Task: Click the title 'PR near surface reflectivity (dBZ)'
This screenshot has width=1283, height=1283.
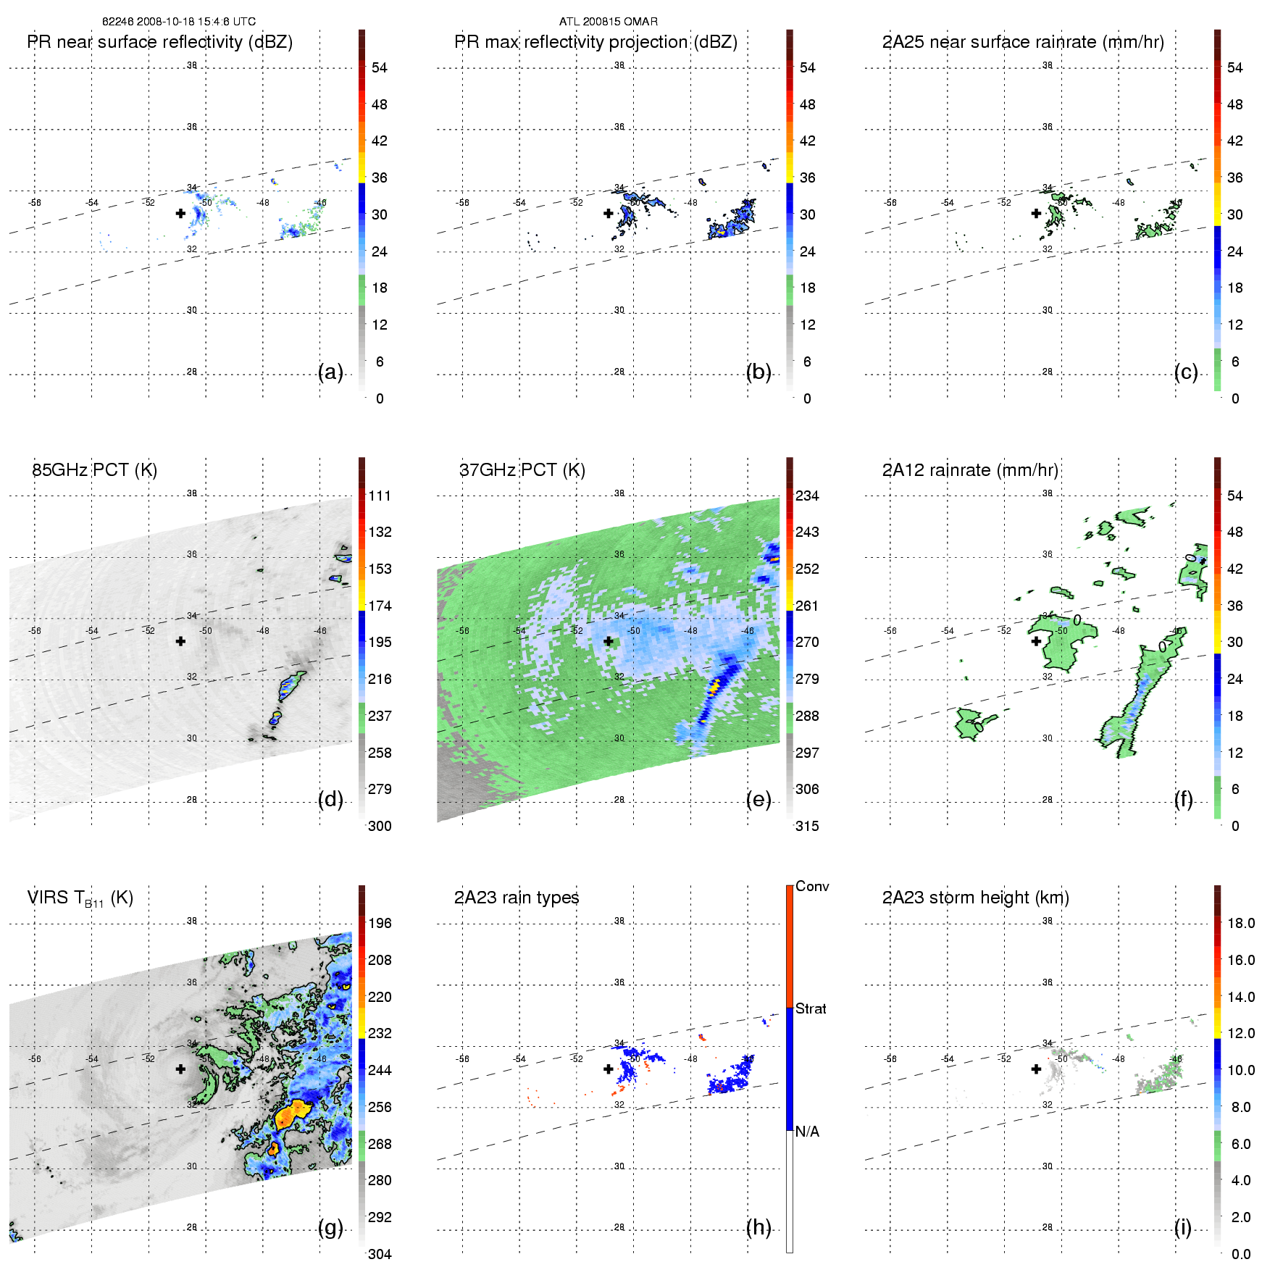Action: pos(159,42)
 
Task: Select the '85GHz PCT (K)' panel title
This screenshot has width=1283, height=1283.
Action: pos(94,470)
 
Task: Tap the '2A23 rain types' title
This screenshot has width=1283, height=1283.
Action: pos(517,898)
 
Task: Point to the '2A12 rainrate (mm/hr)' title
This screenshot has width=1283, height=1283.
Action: pos(970,470)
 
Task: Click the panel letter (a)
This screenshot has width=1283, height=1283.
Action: pos(330,372)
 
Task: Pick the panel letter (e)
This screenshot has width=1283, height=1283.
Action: pos(758,799)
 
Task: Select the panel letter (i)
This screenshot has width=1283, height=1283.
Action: pos(1182,1227)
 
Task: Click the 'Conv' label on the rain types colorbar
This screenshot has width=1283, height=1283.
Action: pos(812,886)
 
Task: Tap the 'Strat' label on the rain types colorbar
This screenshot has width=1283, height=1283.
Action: pos(811,1008)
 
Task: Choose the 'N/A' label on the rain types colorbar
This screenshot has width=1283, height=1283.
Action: pos(807,1132)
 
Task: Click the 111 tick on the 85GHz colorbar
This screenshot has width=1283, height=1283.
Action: pos(380,496)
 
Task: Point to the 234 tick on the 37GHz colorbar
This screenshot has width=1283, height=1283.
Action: pos(807,496)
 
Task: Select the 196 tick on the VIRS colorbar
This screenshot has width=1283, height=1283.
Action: pos(380,923)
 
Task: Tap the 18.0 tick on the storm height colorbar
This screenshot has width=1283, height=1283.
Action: pos(1241,923)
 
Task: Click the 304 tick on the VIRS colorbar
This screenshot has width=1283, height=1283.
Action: pos(380,1254)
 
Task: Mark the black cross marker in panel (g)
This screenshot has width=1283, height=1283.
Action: pos(180,1069)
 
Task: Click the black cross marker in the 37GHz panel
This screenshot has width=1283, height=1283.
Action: pos(609,641)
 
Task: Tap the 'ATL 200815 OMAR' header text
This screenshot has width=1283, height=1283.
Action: pos(609,22)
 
